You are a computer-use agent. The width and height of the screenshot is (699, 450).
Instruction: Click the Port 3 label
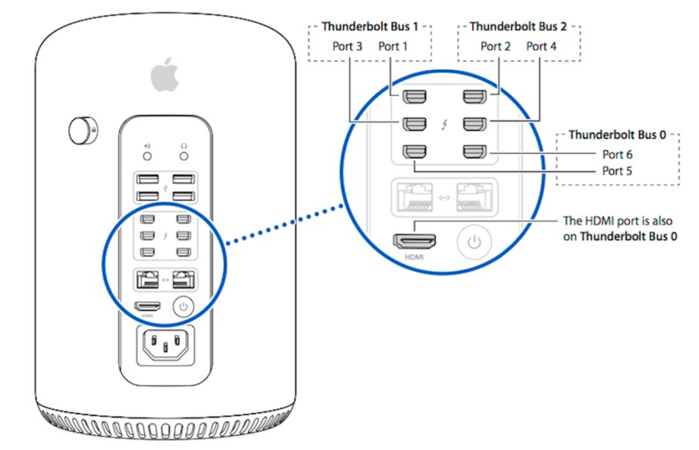point(347,46)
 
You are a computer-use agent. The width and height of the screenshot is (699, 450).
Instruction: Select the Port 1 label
point(393,46)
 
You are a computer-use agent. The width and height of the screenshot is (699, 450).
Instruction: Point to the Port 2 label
point(495,46)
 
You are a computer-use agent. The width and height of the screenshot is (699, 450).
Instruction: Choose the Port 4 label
point(541,46)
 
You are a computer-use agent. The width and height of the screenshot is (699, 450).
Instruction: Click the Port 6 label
point(617,155)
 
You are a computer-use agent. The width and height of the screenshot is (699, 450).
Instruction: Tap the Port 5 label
point(617,171)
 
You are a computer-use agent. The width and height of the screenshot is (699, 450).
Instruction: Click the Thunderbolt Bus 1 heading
point(370,27)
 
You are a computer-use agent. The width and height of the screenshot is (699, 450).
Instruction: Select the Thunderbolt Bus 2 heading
point(519,27)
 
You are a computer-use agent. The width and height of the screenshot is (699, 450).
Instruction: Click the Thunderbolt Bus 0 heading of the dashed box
point(618,135)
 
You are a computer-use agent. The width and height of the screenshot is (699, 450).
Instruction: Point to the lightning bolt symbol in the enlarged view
point(445,124)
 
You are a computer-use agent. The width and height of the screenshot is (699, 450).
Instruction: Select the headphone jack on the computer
point(184,156)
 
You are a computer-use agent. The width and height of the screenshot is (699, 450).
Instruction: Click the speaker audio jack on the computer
point(147,156)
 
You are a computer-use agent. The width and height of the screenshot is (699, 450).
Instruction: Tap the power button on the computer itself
point(183,305)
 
